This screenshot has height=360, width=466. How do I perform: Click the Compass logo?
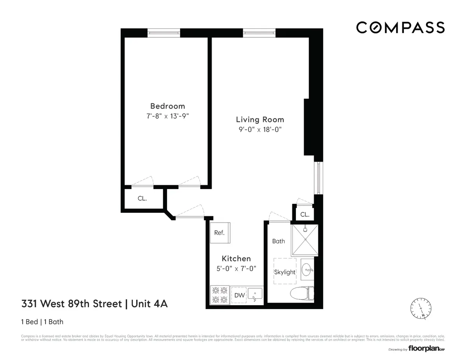pyautogui.click(x=400, y=28)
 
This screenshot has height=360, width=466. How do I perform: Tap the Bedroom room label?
pyautogui.click(x=167, y=106)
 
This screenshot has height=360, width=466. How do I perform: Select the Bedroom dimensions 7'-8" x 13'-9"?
pyautogui.click(x=167, y=116)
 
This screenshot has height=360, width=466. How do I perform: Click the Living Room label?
pyautogui.click(x=260, y=120)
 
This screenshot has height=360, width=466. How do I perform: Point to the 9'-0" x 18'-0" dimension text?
pyautogui.click(x=260, y=130)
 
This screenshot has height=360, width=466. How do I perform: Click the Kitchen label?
pyautogui.click(x=236, y=259)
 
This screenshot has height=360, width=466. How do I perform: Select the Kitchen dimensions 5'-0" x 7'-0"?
pyautogui.click(x=236, y=268)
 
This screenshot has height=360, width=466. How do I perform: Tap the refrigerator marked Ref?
pyautogui.click(x=220, y=233)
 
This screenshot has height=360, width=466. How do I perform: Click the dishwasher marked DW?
pyautogui.click(x=239, y=296)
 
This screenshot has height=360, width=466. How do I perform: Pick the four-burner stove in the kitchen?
pyautogui.click(x=219, y=295)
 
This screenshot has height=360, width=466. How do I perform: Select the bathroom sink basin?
pyautogui.click(x=307, y=269)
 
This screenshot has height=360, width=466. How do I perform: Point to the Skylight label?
pyautogui.click(x=285, y=272)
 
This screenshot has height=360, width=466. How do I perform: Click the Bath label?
pyautogui.click(x=278, y=241)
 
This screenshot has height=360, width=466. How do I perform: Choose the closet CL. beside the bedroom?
pyautogui.click(x=142, y=198)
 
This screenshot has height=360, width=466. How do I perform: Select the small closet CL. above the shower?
pyautogui.click(x=305, y=214)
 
